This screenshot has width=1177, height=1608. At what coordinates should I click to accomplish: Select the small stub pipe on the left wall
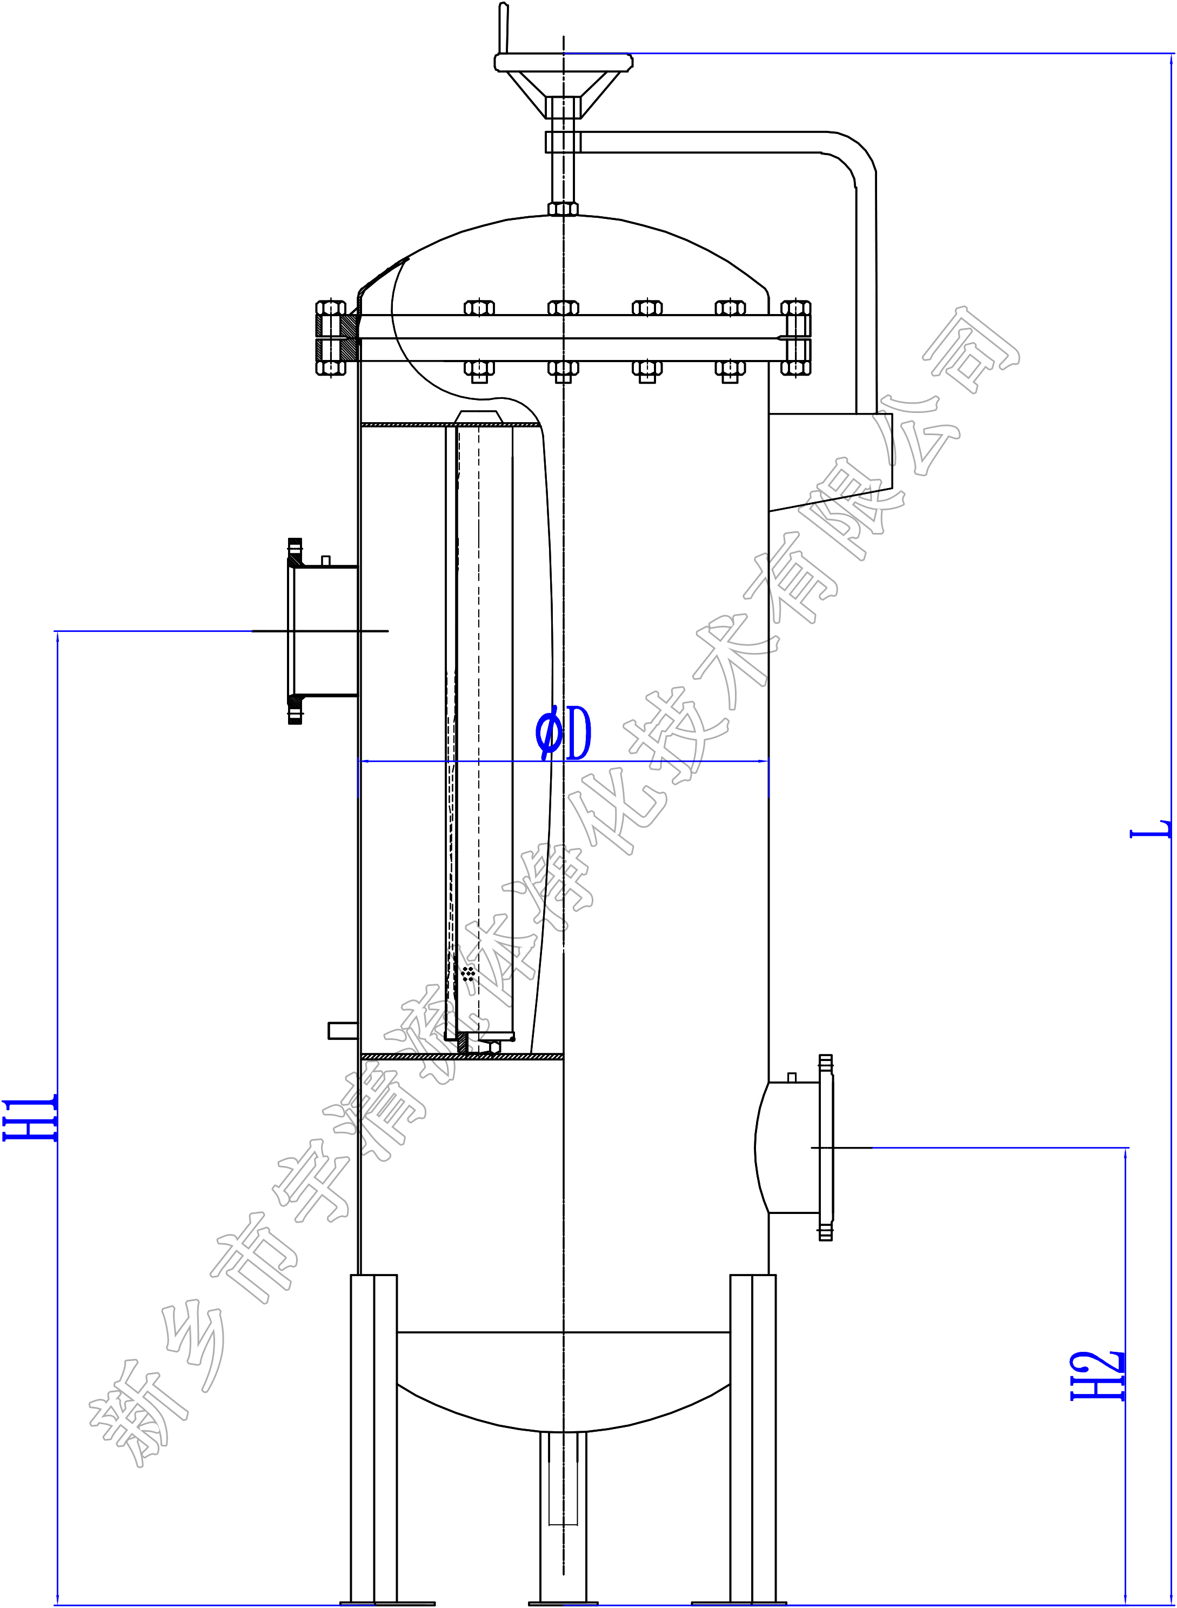pyautogui.click(x=343, y=1030)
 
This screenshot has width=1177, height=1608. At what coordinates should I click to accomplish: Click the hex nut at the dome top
pyautogui.click(x=563, y=209)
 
